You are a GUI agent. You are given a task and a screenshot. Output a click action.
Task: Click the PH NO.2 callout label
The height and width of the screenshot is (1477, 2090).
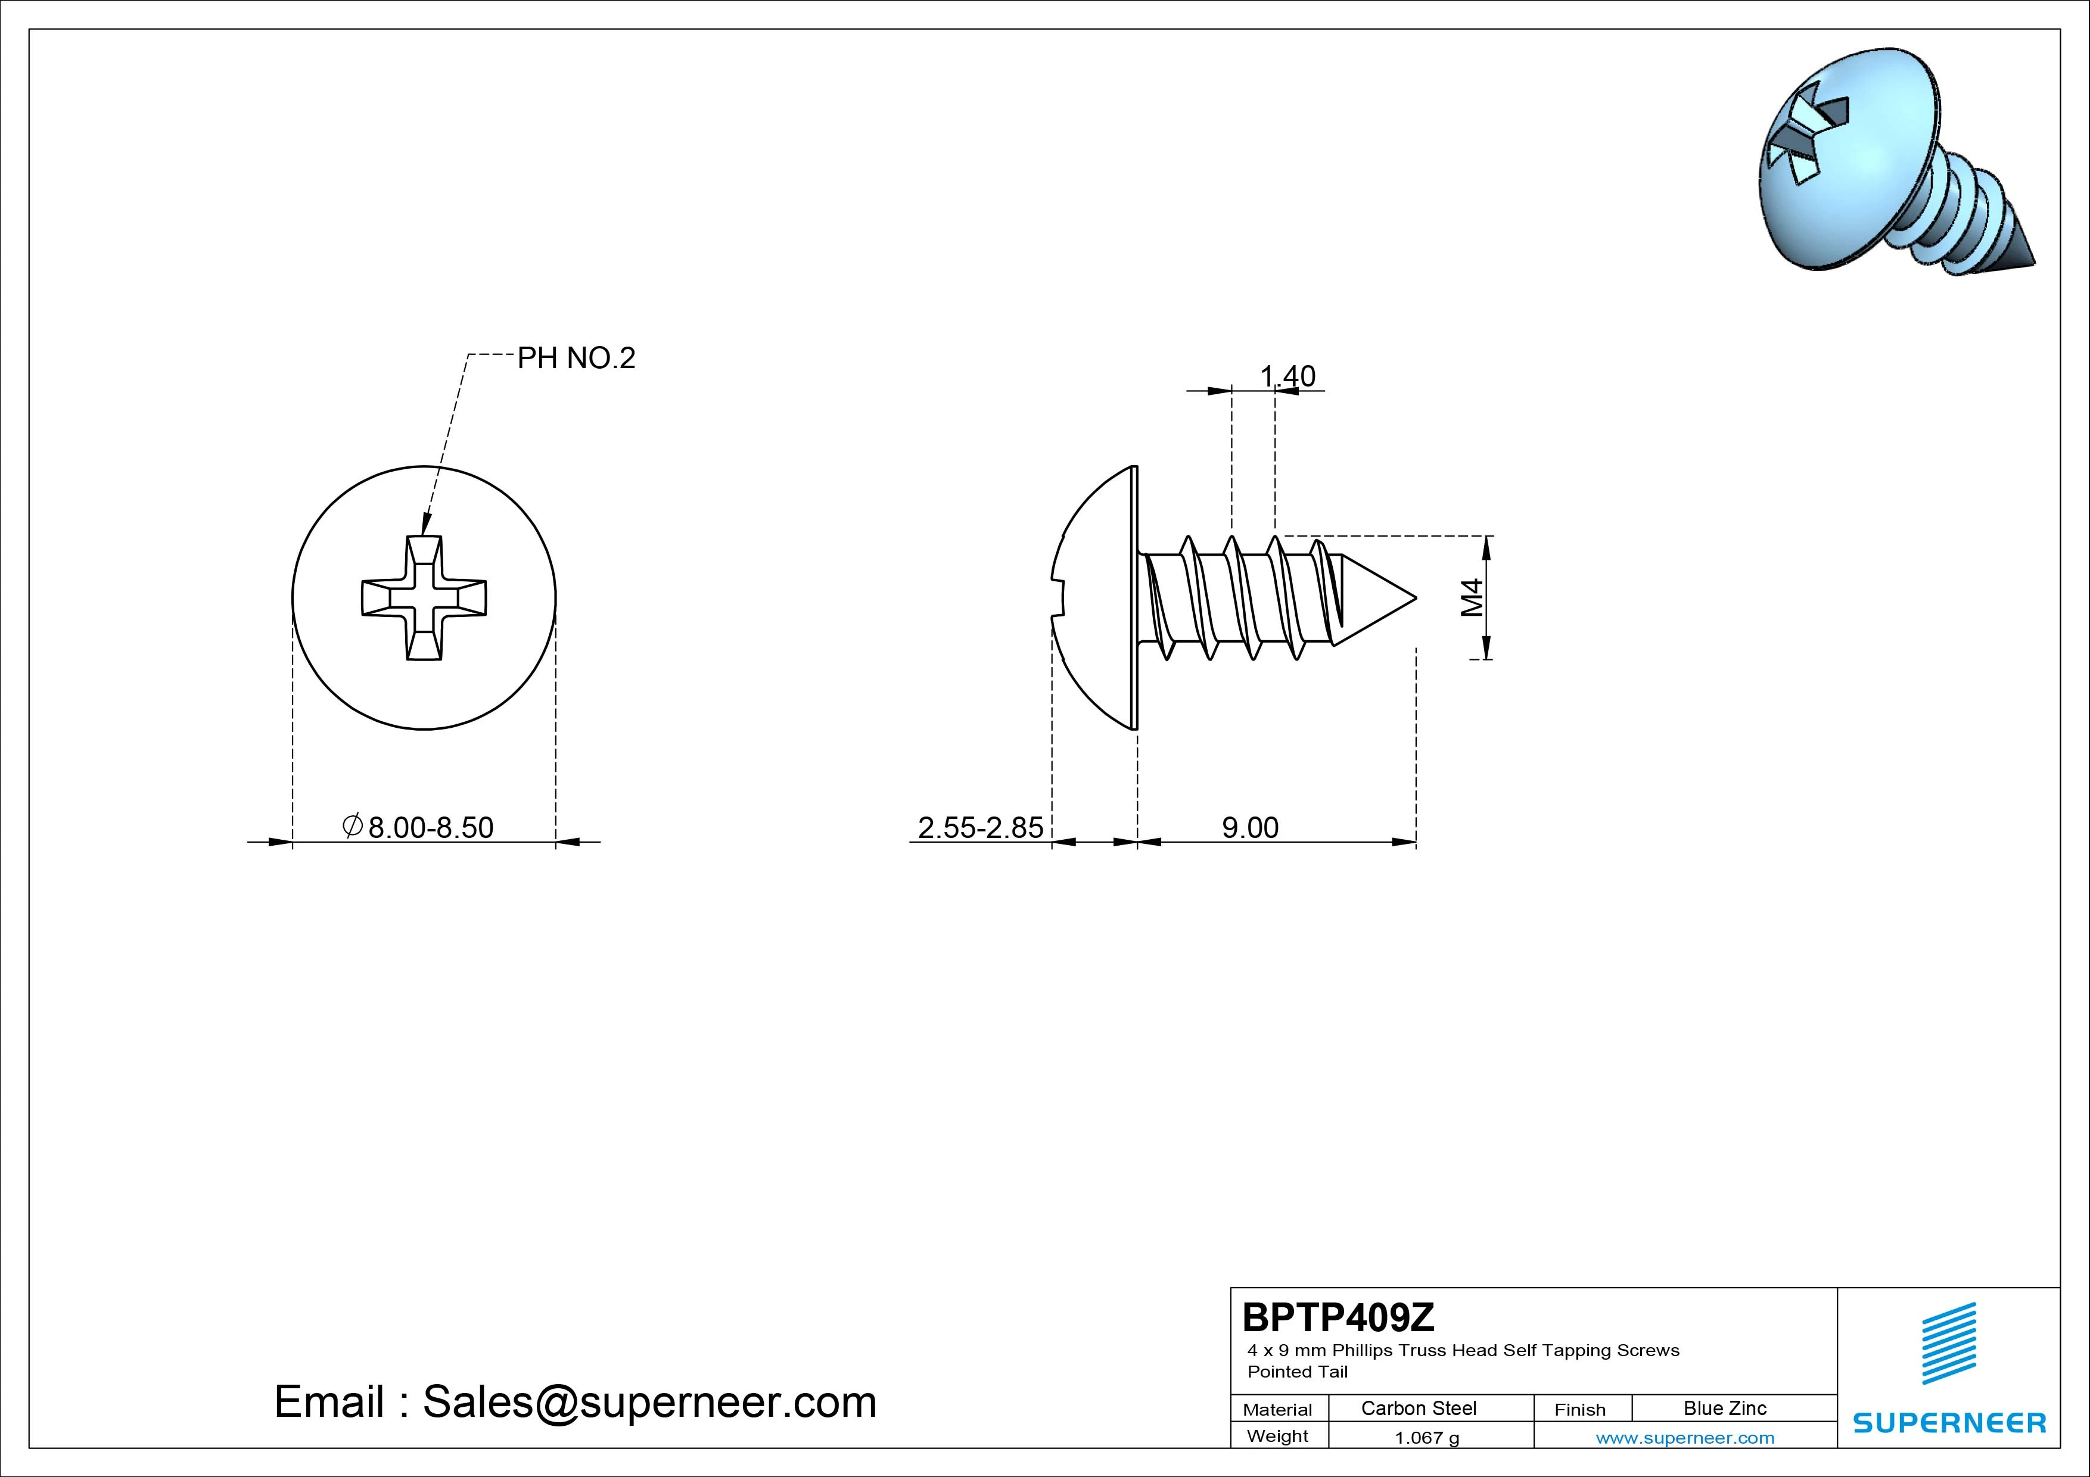[x=576, y=359]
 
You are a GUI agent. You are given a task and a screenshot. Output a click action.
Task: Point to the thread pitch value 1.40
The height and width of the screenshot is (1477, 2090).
[x=1287, y=376]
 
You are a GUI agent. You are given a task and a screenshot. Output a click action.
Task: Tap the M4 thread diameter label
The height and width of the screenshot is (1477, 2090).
[x=1472, y=598]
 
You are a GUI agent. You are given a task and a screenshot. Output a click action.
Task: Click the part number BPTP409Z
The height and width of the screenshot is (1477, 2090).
[x=1338, y=1317]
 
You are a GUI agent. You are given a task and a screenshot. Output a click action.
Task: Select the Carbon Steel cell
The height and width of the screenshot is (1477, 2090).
[x=1418, y=1409]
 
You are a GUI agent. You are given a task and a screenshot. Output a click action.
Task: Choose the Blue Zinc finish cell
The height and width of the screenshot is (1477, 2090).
[x=1725, y=1409]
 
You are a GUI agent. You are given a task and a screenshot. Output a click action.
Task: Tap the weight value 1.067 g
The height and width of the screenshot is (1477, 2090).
[x=1426, y=1438]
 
